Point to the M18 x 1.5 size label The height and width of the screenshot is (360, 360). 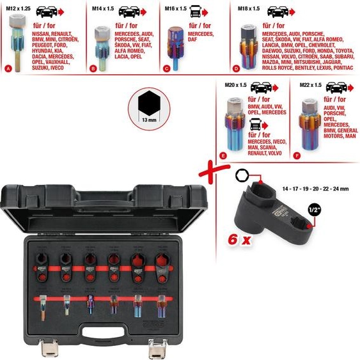[x=246, y=7]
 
